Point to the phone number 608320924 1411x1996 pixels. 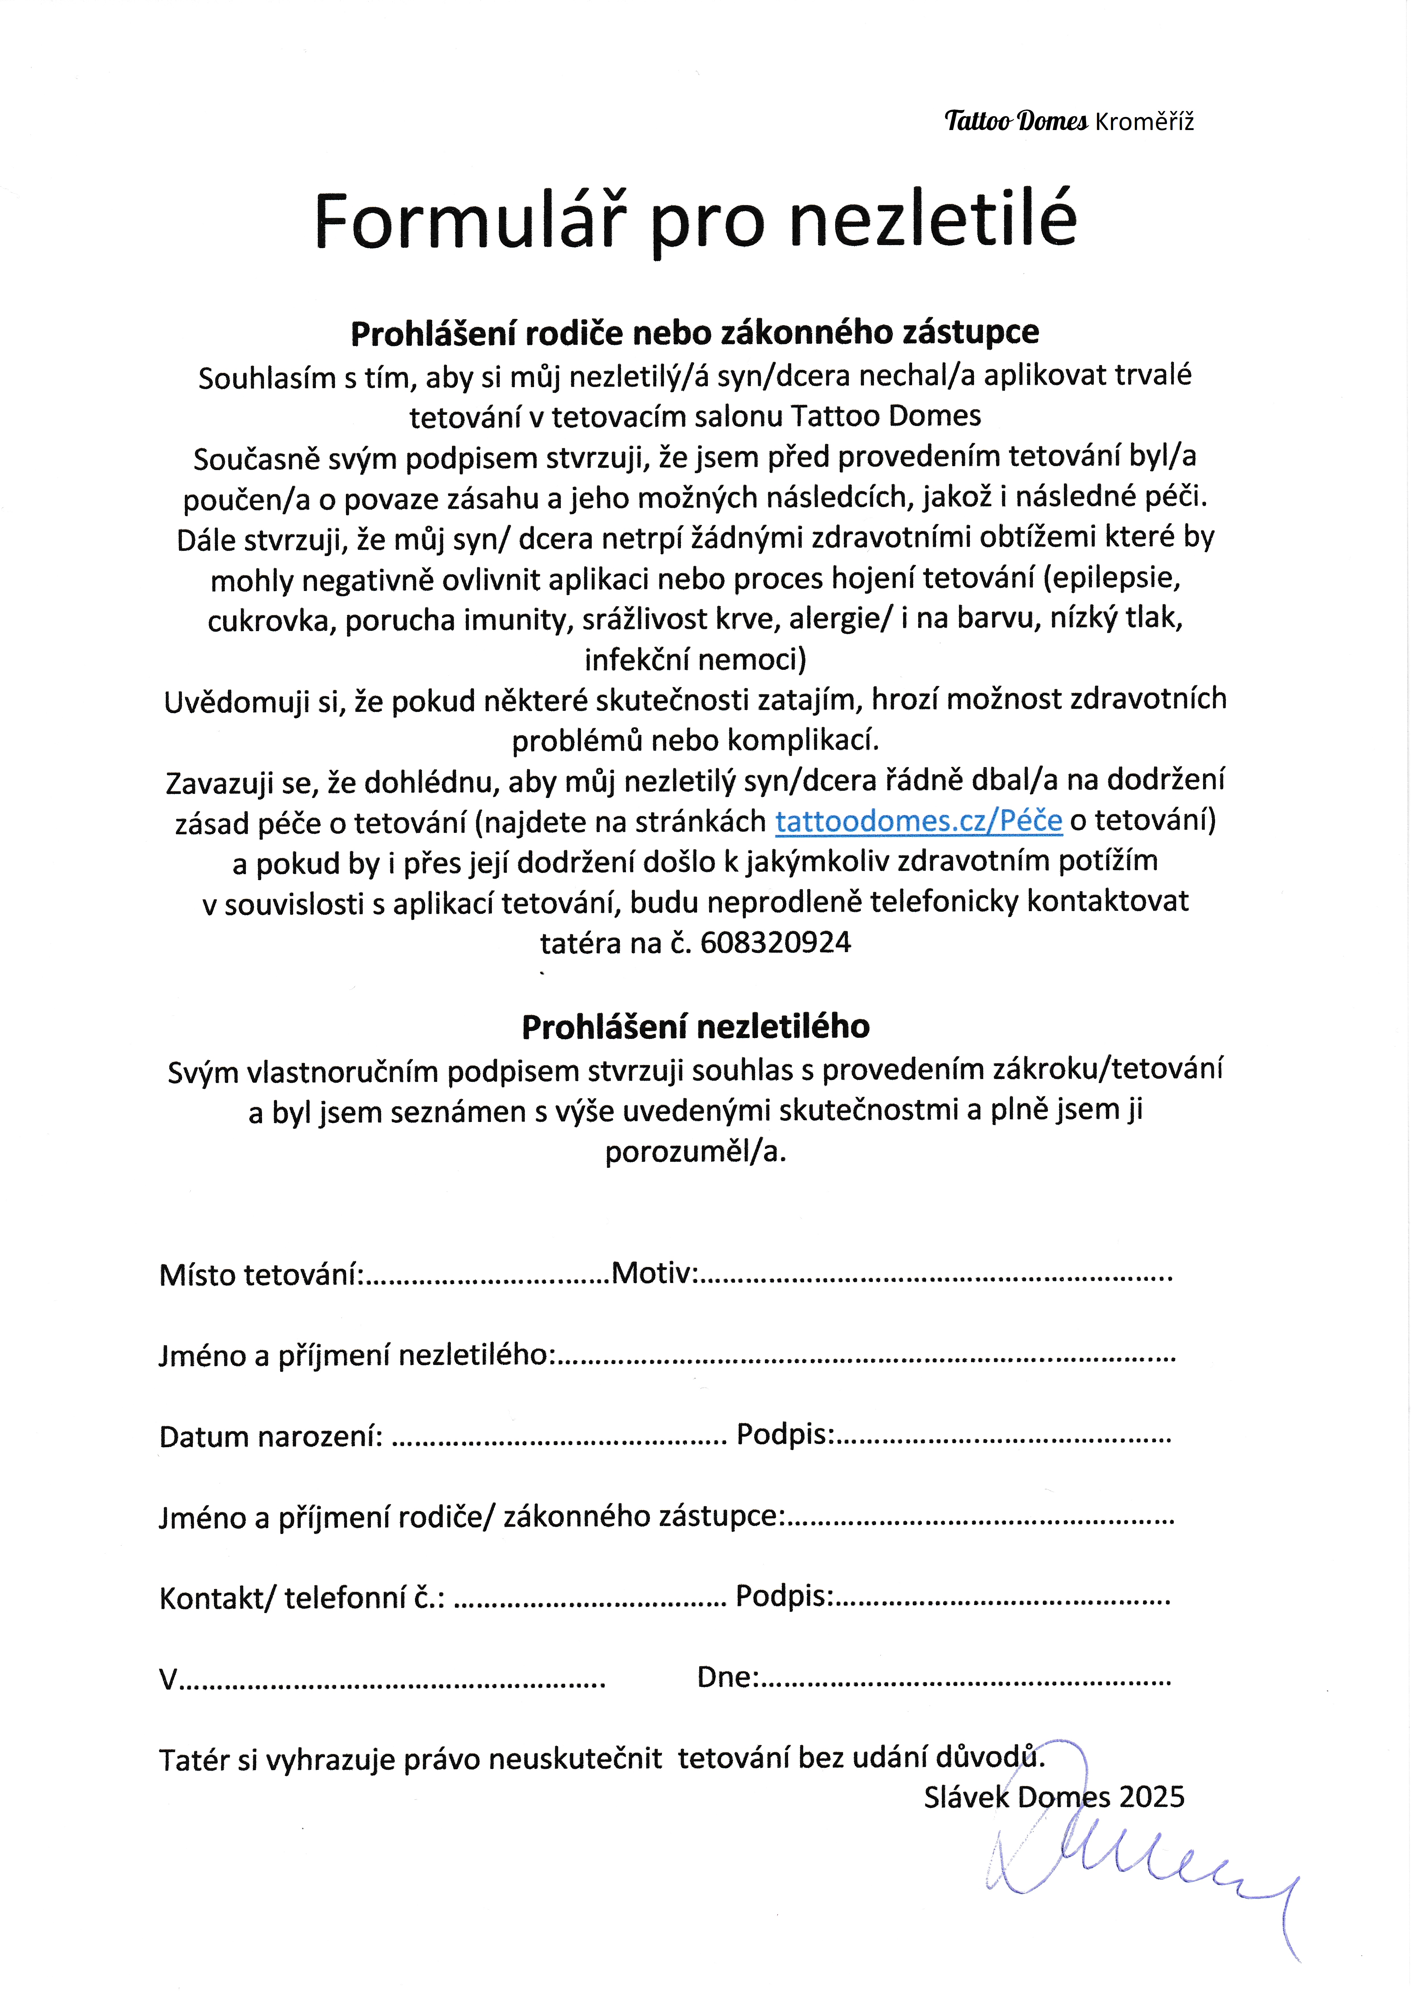click(775, 942)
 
